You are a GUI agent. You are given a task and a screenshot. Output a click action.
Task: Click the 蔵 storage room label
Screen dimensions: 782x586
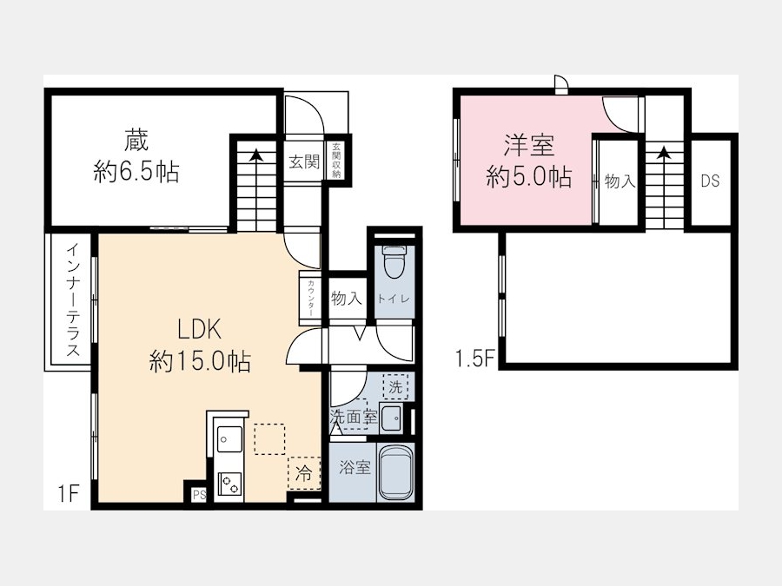click(x=136, y=140)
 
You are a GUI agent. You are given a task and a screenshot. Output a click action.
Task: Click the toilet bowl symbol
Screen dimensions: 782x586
click(x=394, y=262)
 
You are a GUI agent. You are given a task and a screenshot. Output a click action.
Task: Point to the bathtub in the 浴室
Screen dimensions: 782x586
click(x=396, y=471)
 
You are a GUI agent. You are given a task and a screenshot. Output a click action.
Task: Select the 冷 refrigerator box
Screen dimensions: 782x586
click(x=303, y=473)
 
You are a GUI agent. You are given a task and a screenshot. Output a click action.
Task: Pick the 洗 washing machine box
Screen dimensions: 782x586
click(x=395, y=386)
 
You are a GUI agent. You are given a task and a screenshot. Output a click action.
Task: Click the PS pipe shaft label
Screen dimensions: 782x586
click(x=200, y=495)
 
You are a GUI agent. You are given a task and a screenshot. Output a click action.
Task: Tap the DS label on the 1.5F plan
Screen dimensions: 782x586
click(x=710, y=181)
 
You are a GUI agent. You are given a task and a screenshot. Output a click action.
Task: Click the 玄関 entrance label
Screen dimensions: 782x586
click(x=304, y=161)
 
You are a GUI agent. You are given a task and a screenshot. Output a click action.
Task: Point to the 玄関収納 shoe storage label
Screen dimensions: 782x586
click(x=336, y=161)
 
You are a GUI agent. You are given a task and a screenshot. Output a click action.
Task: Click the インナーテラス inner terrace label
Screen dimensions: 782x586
click(x=73, y=300)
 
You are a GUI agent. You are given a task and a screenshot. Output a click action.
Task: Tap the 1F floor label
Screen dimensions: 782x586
click(x=68, y=494)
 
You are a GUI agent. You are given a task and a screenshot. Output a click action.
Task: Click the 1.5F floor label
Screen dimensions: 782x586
click(x=474, y=359)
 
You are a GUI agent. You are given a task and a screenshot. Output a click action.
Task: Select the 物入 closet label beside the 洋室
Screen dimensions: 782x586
click(x=620, y=181)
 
